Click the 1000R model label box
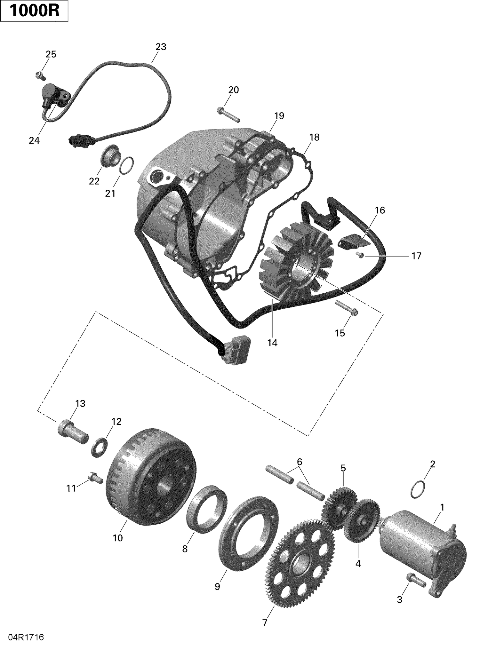(34, 11)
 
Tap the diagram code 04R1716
(22, 637)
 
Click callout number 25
(51, 54)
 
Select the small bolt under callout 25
(40, 76)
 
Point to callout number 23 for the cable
(161, 47)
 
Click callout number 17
(416, 256)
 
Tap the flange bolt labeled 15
(347, 310)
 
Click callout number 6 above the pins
(299, 462)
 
